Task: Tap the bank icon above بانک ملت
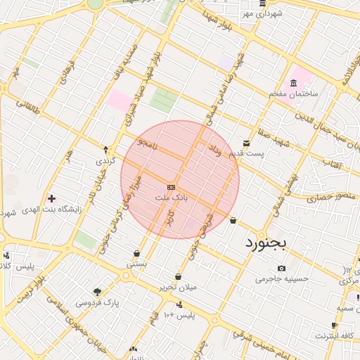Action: (172, 187)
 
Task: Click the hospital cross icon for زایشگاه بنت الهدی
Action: (51, 198)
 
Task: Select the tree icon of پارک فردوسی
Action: (96, 292)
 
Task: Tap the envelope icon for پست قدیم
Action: (245, 143)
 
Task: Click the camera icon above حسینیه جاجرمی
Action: (282, 268)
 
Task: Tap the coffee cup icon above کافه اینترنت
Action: (335, 326)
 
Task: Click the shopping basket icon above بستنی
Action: (136, 253)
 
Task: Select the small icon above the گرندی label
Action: (105, 149)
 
